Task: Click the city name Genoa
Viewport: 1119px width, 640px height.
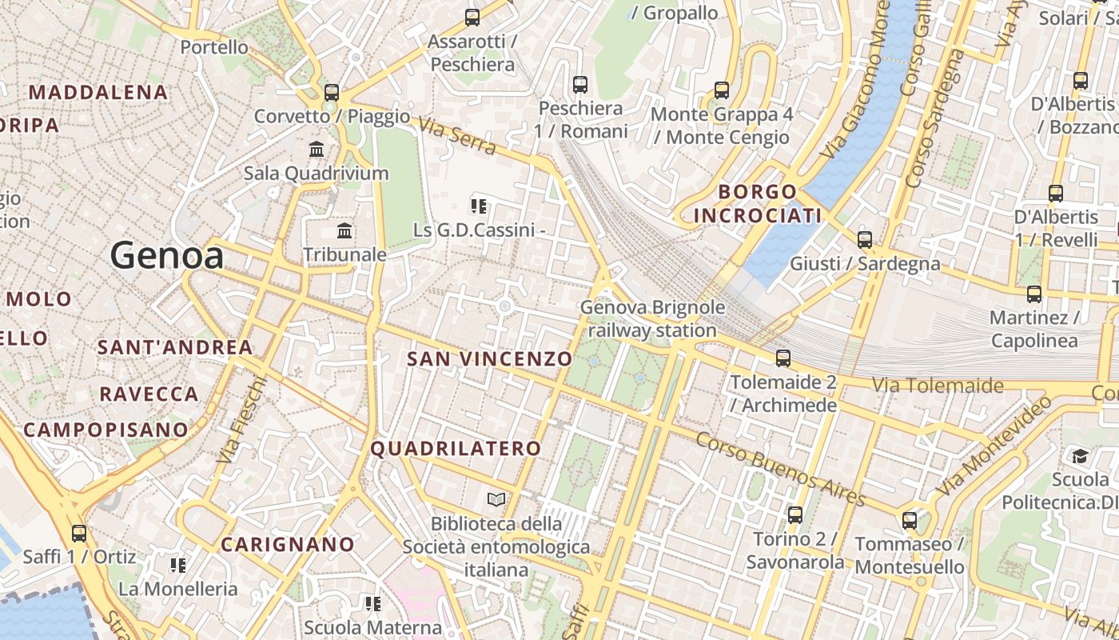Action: coord(166,255)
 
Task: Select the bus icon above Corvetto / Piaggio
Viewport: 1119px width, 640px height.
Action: coord(332,92)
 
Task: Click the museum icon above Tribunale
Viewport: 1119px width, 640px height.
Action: coord(344,231)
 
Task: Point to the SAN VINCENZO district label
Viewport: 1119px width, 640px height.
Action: coord(489,359)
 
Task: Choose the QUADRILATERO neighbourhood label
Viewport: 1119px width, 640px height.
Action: coord(456,449)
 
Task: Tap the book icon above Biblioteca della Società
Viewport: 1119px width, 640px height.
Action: coord(496,500)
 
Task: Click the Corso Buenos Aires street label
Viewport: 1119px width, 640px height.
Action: coord(780,470)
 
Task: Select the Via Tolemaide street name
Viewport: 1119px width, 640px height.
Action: coord(937,386)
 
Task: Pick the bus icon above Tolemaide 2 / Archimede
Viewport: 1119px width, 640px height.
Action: coord(783,358)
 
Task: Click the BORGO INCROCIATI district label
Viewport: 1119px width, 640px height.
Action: coord(757,203)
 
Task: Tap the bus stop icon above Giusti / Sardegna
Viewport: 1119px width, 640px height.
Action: coord(864,239)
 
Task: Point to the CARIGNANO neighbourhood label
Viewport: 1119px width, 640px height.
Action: coord(288,545)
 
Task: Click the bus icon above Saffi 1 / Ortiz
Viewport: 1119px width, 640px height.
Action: coord(79,533)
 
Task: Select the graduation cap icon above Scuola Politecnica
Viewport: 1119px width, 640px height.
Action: coord(1080,456)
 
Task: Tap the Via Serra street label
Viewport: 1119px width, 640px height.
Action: coord(456,137)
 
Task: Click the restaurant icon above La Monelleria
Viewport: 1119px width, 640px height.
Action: coord(177,566)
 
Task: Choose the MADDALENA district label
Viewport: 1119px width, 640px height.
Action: coord(98,92)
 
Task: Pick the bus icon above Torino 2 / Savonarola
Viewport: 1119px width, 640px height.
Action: coord(794,515)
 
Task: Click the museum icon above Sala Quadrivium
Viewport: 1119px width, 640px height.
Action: coord(317,149)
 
